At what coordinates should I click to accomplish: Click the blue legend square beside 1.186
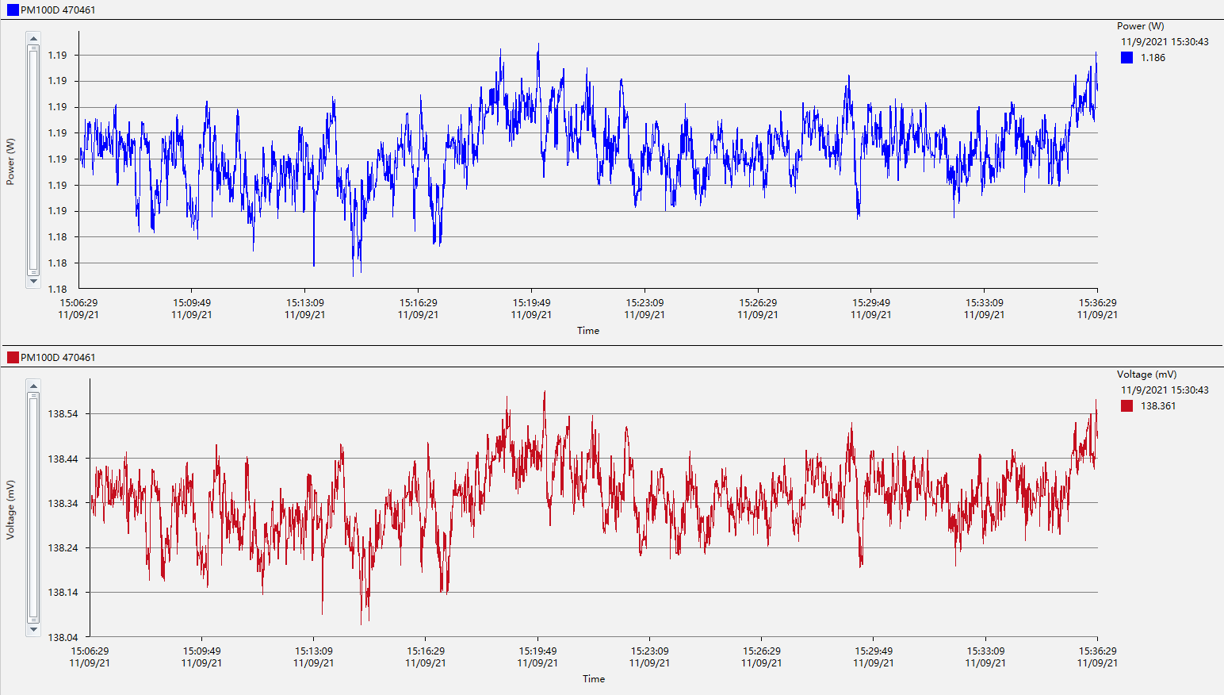(x=1126, y=58)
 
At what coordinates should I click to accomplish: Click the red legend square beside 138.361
(x=1126, y=406)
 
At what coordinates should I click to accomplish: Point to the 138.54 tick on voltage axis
(x=63, y=414)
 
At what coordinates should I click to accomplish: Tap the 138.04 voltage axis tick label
(x=63, y=637)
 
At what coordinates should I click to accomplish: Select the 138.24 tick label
(x=63, y=548)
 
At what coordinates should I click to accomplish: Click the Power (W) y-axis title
(x=10, y=162)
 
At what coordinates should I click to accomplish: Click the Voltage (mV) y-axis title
(x=10, y=509)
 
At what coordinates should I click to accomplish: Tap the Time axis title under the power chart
(x=588, y=331)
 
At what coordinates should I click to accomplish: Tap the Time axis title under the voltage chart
(x=594, y=679)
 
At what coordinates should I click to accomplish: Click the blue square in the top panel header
(x=13, y=10)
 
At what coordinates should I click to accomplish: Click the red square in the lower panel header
(x=13, y=358)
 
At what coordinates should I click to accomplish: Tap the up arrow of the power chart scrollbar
(x=33, y=38)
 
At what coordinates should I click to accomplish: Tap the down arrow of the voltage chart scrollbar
(x=33, y=629)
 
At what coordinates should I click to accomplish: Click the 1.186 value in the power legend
(x=1153, y=58)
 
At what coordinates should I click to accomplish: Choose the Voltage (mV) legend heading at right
(x=1146, y=374)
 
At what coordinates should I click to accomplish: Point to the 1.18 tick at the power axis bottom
(x=57, y=289)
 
